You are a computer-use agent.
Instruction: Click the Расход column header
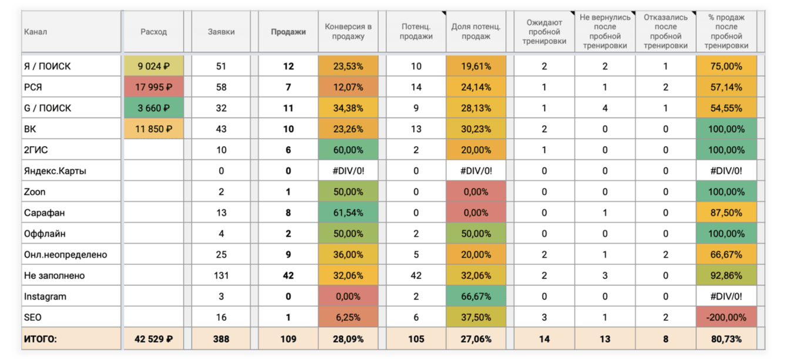153,32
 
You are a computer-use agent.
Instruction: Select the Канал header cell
35,32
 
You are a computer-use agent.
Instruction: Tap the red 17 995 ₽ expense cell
153,88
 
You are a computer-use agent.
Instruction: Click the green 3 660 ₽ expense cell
153,108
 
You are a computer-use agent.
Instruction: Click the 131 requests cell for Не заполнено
221,275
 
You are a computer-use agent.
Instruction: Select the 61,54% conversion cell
348,213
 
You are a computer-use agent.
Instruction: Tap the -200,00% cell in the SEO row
726,317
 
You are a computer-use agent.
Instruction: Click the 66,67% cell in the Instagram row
476,297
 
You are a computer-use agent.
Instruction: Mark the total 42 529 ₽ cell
153,339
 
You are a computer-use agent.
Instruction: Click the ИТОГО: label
40,339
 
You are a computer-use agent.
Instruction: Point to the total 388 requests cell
221,339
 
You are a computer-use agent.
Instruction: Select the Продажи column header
288,32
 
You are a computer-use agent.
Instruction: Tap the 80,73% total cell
726,339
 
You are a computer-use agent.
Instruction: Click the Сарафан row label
41,213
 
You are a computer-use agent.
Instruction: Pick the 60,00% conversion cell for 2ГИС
348,150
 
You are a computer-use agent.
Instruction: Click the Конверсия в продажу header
348,32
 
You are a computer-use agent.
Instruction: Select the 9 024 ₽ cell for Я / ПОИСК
153,66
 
